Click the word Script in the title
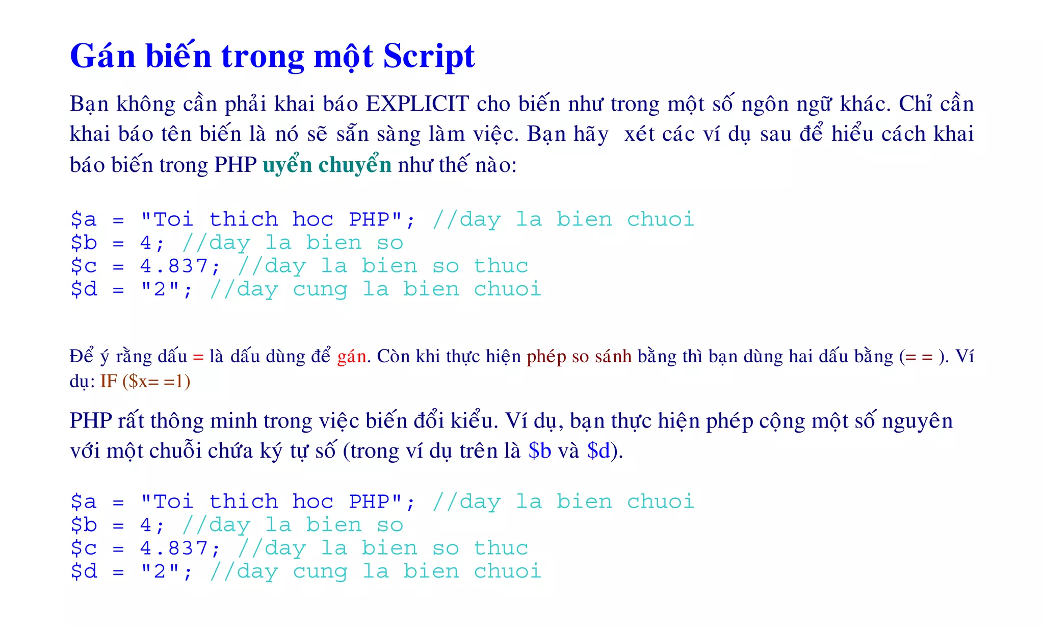429,56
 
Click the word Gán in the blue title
102,56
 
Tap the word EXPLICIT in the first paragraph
417,104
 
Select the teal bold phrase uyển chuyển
327,165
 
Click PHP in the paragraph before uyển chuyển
235,165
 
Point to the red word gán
352,356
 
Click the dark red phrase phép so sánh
579,356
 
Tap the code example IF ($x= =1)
145,381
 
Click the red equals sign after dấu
198,357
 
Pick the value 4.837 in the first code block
173,266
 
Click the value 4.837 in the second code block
173,548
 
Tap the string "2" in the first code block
160,289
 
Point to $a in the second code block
84,501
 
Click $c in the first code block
84,266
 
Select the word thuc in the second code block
501,548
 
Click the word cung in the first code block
320,289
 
